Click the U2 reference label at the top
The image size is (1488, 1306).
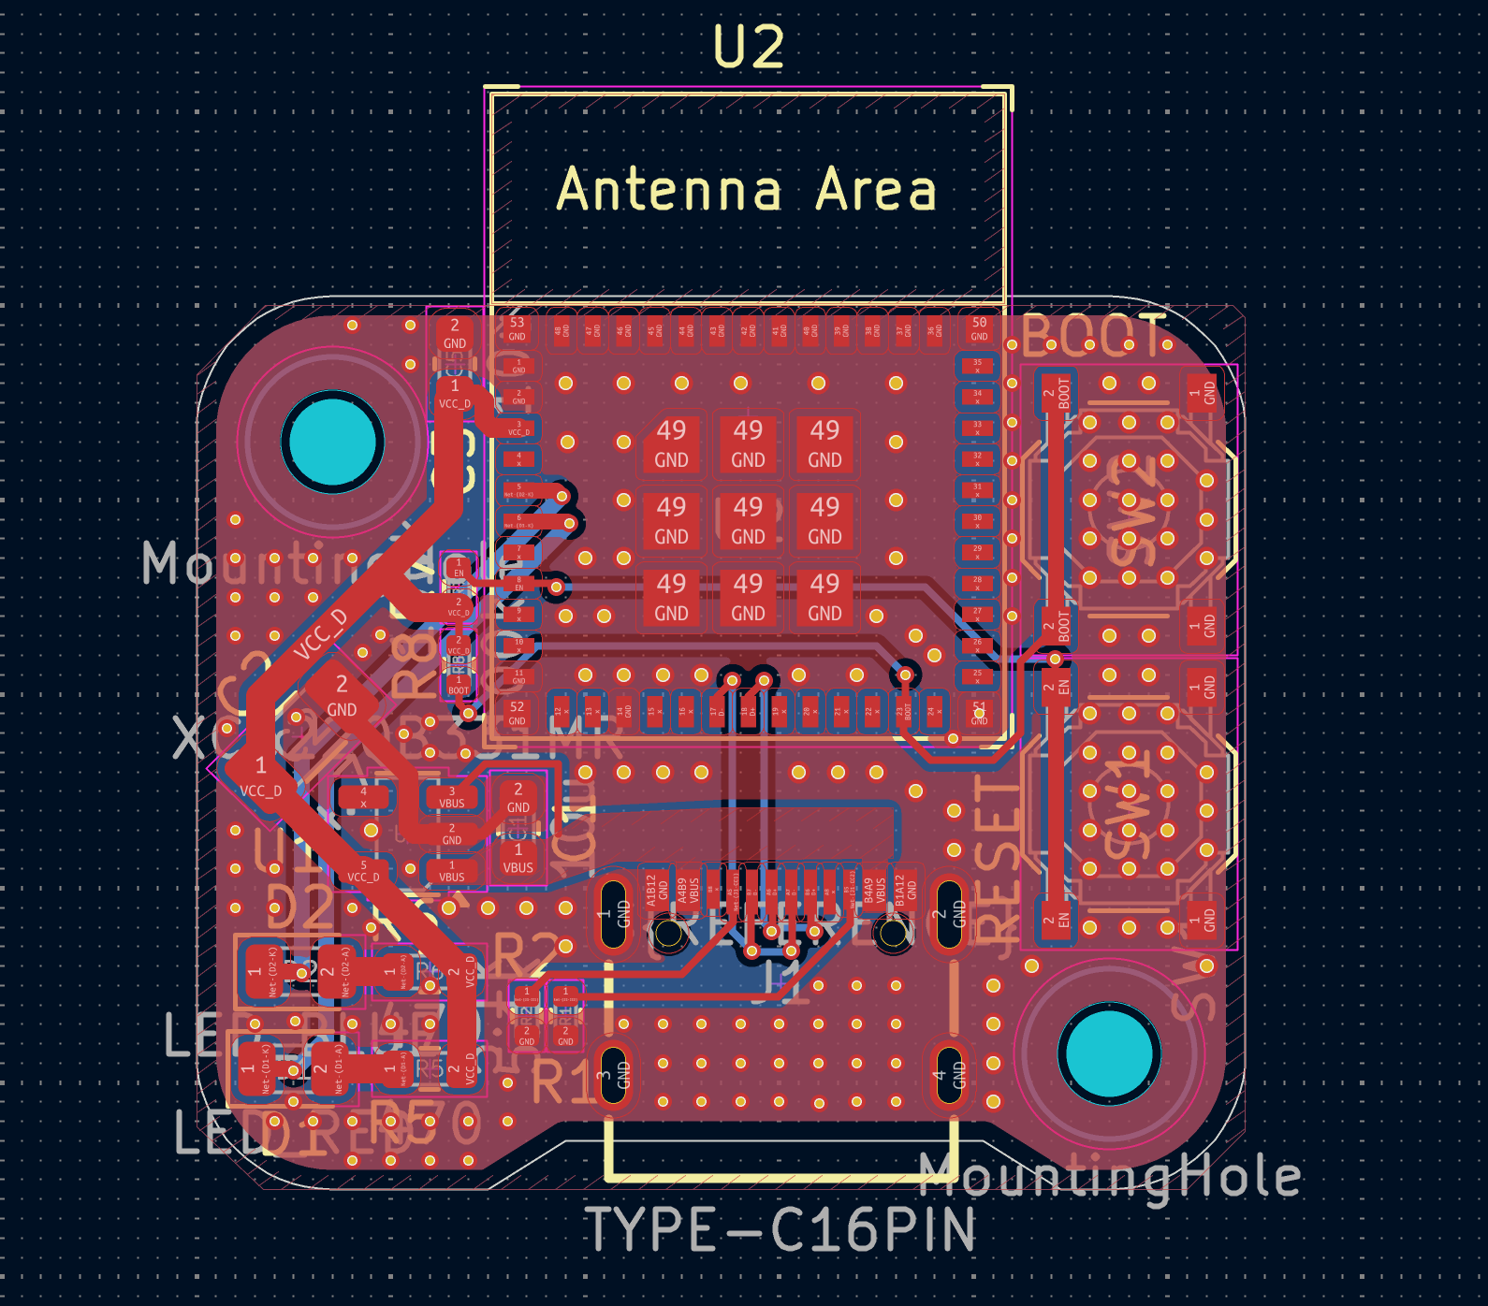748,47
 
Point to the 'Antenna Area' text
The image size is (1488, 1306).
746,190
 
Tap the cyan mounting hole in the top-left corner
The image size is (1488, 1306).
332,441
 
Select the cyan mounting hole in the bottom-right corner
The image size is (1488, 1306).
1109,1052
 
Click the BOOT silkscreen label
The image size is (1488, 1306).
1093,337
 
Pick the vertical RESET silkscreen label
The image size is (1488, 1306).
998,861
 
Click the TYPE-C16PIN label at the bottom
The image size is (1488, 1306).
780,1229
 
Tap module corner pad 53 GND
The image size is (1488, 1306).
517,328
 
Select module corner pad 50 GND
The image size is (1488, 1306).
979,328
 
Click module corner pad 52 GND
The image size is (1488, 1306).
517,713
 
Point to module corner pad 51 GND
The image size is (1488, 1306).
979,713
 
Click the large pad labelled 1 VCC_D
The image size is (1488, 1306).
259,775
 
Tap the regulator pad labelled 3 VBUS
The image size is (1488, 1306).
452,797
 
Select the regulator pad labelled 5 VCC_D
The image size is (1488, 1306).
363,871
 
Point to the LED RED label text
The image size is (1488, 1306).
281,1133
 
